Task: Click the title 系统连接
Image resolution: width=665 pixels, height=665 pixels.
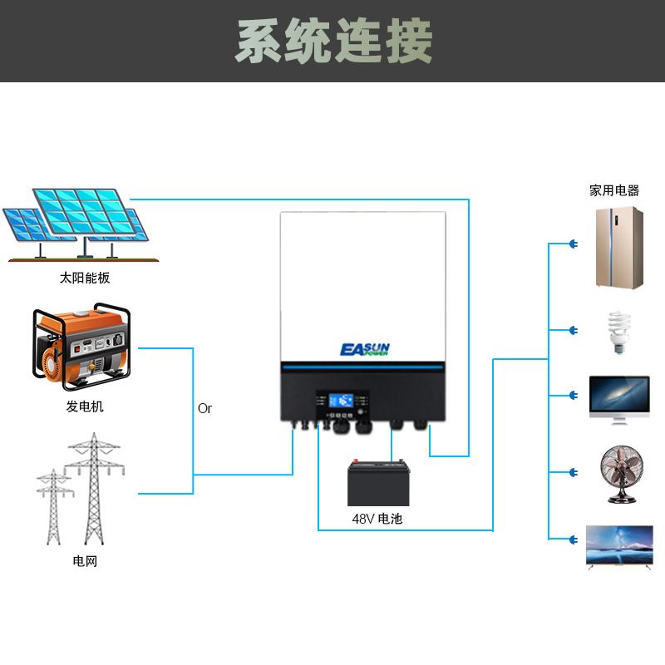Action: click(x=333, y=41)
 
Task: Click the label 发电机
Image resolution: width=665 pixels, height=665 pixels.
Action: click(x=85, y=406)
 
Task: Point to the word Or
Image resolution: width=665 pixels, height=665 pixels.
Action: click(x=204, y=408)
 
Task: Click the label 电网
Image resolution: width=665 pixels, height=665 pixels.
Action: click(x=85, y=561)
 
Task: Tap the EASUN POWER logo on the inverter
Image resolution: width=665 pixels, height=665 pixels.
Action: click(x=364, y=349)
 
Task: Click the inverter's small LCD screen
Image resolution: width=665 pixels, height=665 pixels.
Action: click(x=342, y=400)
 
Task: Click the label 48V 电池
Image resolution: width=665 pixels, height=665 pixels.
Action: click(x=377, y=519)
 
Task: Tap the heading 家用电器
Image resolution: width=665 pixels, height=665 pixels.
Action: click(x=614, y=190)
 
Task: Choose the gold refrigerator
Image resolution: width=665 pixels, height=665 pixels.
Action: click(x=619, y=247)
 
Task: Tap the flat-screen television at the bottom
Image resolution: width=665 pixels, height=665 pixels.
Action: click(x=619, y=546)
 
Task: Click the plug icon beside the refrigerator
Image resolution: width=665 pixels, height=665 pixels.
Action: click(x=573, y=244)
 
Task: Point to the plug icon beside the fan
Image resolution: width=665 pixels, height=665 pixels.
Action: click(x=573, y=473)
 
